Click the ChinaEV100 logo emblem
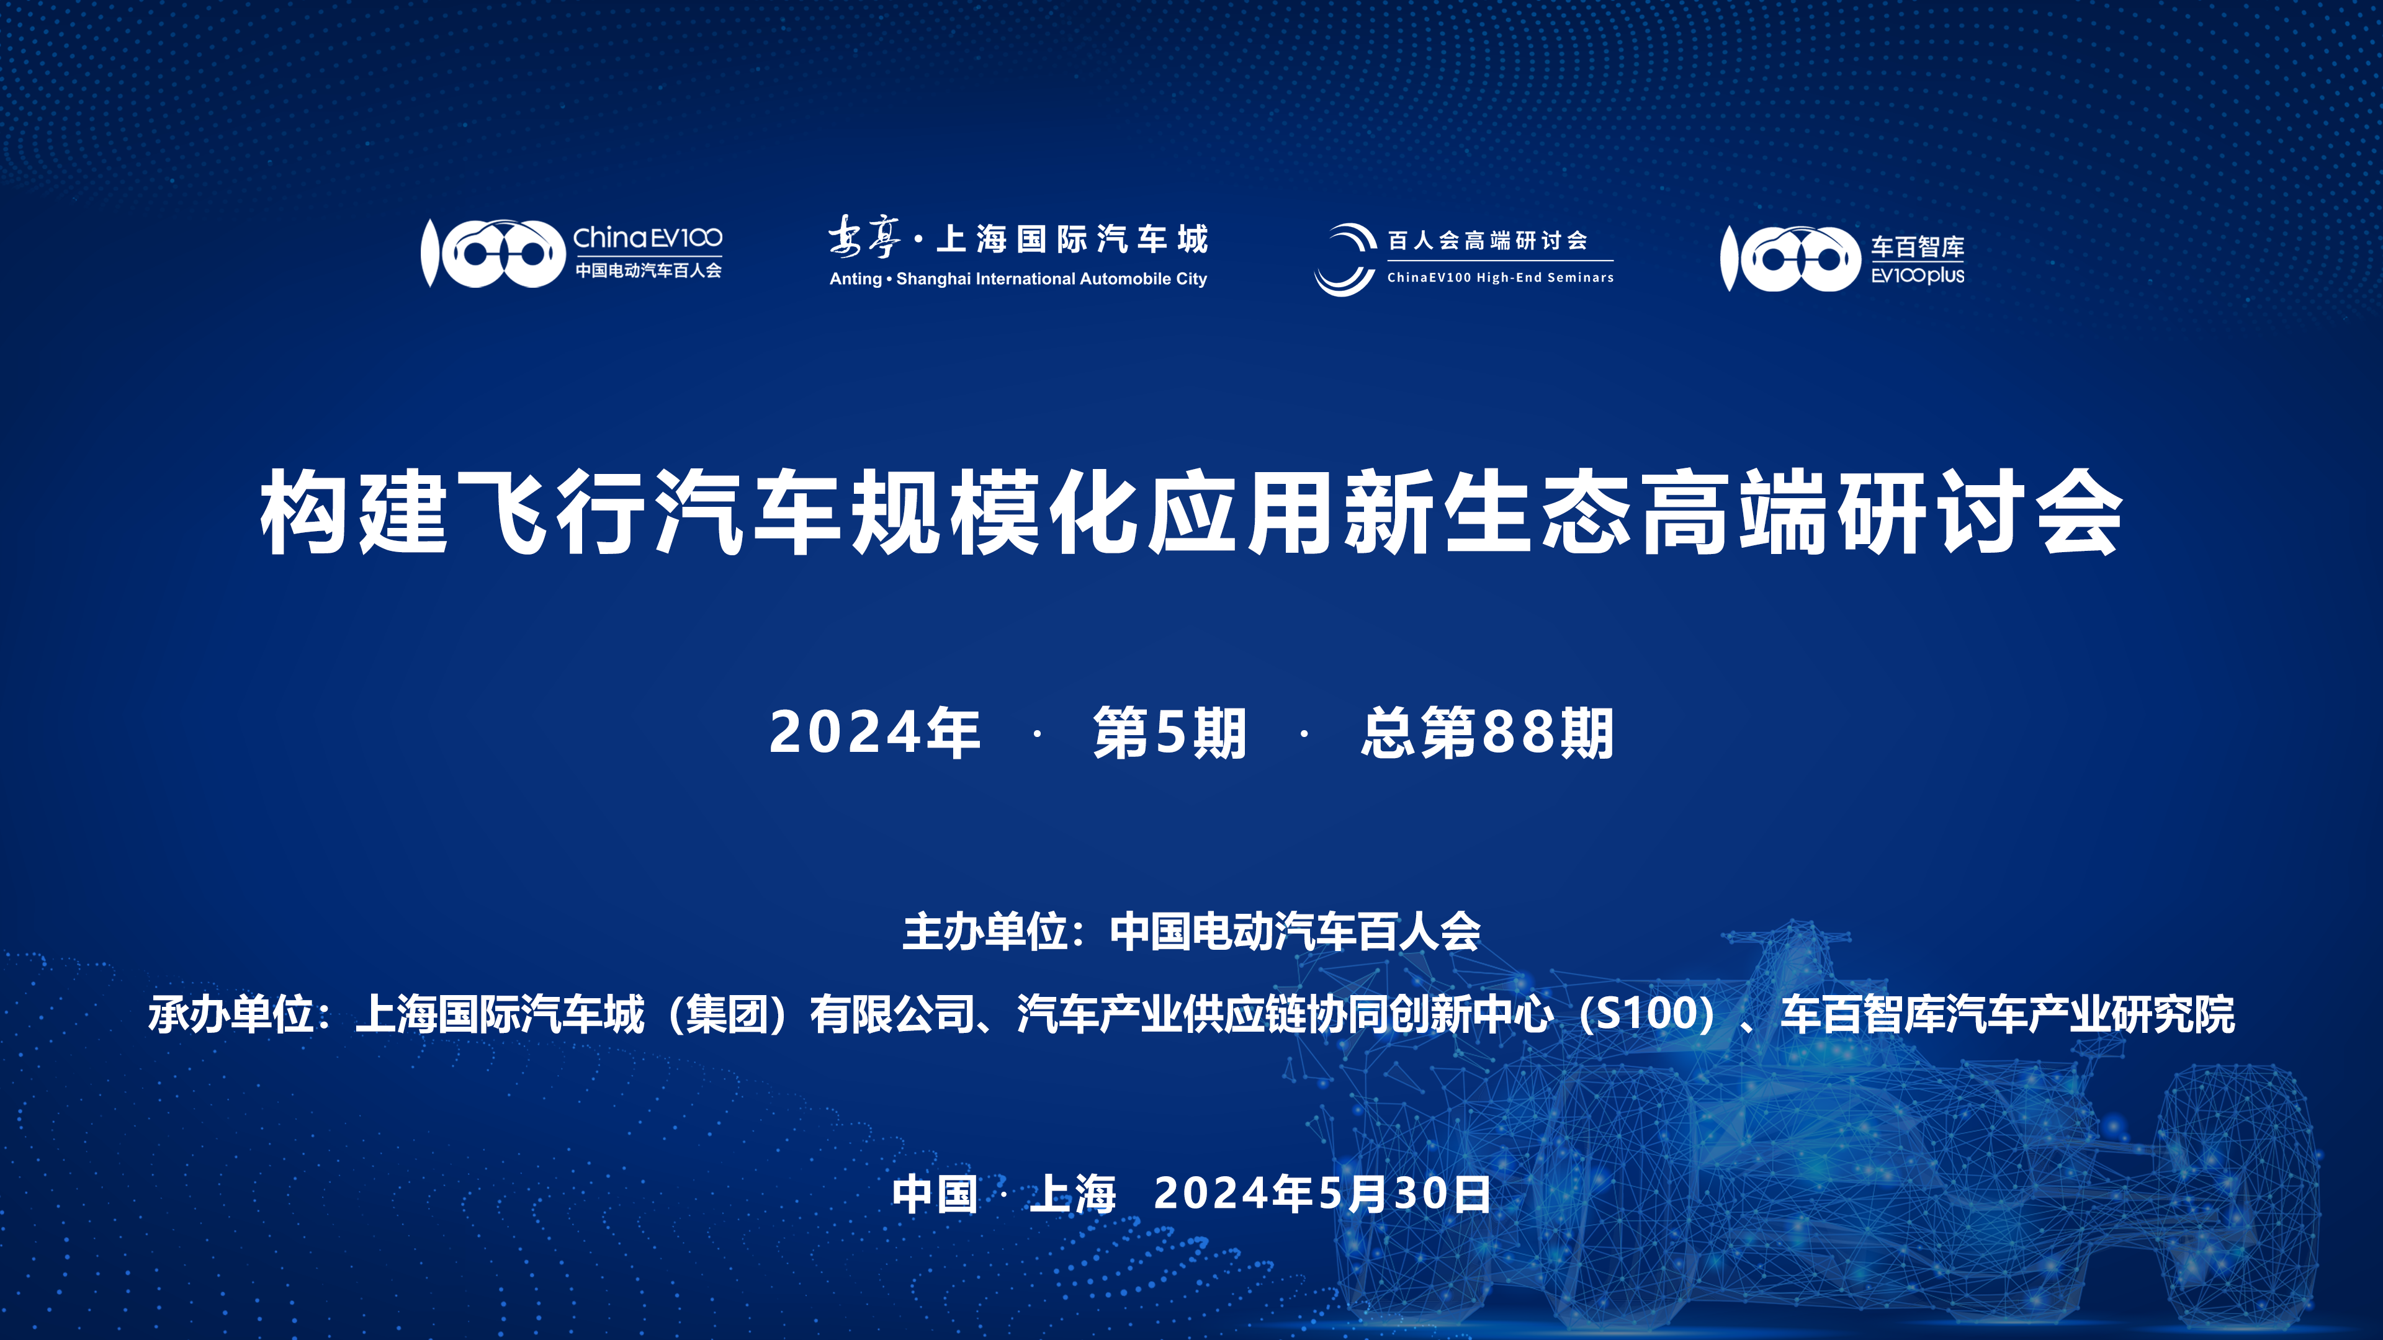[x=493, y=252]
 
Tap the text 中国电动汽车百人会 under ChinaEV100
[x=648, y=270]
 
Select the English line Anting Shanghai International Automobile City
[x=1018, y=279]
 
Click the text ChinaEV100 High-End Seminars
[x=1501, y=277]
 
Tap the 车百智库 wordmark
[x=1918, y=247]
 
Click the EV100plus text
[x=1918, y=275]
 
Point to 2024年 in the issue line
[x=875, y=733]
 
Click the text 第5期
[x=1170, y=733]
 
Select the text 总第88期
[x=1488, y=733]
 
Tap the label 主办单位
[x=984, y=931]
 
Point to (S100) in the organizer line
[x=1648, y=1014]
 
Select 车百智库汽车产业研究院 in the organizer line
[x=2008, y=1014]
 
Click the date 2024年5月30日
[x=1323, y=1193]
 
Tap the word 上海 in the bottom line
[x=1073, y=1193]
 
